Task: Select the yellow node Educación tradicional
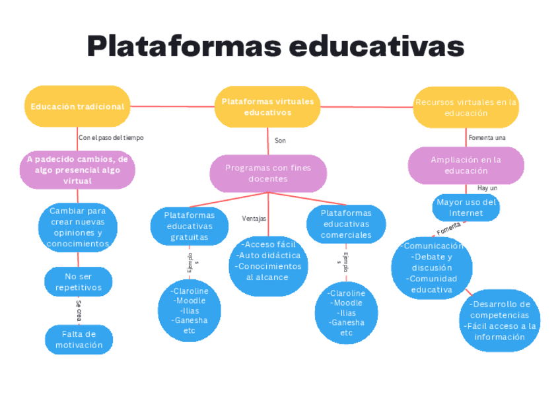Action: pyautogui.click(x=77, y=106)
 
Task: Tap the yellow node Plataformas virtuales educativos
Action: pyautogui.click(x=267, y=107)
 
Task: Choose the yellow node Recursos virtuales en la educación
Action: pyautogui.click(x=466, y=107)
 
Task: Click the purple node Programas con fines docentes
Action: pyautogui.click(x=268, y=173)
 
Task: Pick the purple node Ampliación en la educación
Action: pyautogui.click(x=466, y=165)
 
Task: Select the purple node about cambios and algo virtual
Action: pyautogui.click(x=77, y=170)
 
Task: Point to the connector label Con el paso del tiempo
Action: pyautogui.click(x=111, y=137)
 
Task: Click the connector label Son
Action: pyautogui.click(x=280, y=141)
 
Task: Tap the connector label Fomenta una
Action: pyautogui.click(x=487, y=137)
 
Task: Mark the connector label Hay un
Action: pyautogui.click(x=487, y=188)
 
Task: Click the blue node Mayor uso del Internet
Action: pyautogui.click(x=466, y=207)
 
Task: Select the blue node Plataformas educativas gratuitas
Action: pyautogui.click(x=190, y=226)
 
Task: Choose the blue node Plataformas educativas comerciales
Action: pyautogui.click(x=346, y=224)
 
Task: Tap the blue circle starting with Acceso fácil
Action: pyautogui.click(x=267, y=261)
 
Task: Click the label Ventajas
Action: pyautogui.click(x=254, y=218)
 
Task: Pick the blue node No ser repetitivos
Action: pyautogui.click(x=78, y=282)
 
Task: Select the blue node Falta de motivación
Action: pyautogui.click(x=79, y=339)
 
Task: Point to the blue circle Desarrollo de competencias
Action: pyautogui.click(x=499, y=320)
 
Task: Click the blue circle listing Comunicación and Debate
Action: pyautogui.click(x=431, y=267)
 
